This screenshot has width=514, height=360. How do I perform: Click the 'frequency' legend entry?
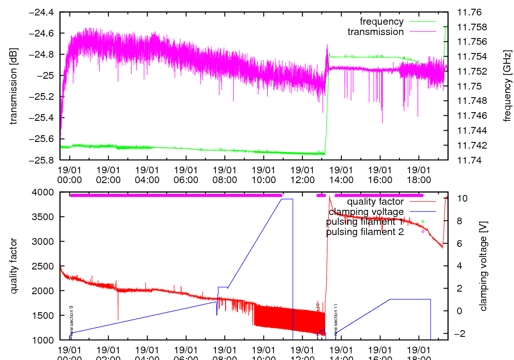(x=381, y=22)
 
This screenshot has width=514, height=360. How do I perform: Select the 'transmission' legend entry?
(x=375, y=32)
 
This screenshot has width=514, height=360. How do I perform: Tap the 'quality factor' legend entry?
(x=375, y=202)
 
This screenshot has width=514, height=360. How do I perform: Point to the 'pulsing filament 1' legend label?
(x=365, y=222)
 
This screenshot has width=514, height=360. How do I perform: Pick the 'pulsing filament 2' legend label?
(x=365, y=232)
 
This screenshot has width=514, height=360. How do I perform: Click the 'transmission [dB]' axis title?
(x=14, y=86)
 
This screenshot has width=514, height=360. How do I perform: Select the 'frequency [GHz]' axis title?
(x=508, y=86)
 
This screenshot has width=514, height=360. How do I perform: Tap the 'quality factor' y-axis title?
(x=14, y=266)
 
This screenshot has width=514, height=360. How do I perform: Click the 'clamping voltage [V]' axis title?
(x=483, y=266)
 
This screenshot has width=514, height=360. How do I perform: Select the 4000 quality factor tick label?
(x=45, y=192)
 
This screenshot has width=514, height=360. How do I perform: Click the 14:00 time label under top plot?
(x=341, y=174)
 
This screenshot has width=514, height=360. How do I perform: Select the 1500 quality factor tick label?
(x=45, y=316)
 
